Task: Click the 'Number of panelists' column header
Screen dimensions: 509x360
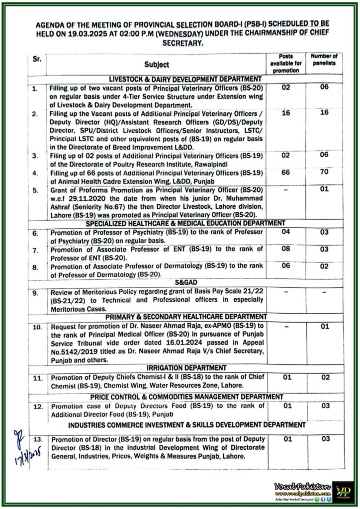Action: point(324,60)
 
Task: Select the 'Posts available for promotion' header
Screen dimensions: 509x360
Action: point(288,64)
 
